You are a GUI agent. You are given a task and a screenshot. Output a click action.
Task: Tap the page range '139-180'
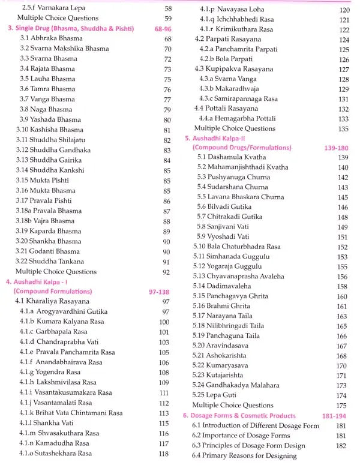coord(334,148)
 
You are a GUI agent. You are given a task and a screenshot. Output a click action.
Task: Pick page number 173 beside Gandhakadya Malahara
coord(342,385)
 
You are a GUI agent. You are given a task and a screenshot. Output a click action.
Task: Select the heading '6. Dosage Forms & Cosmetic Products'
coord(239,415)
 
